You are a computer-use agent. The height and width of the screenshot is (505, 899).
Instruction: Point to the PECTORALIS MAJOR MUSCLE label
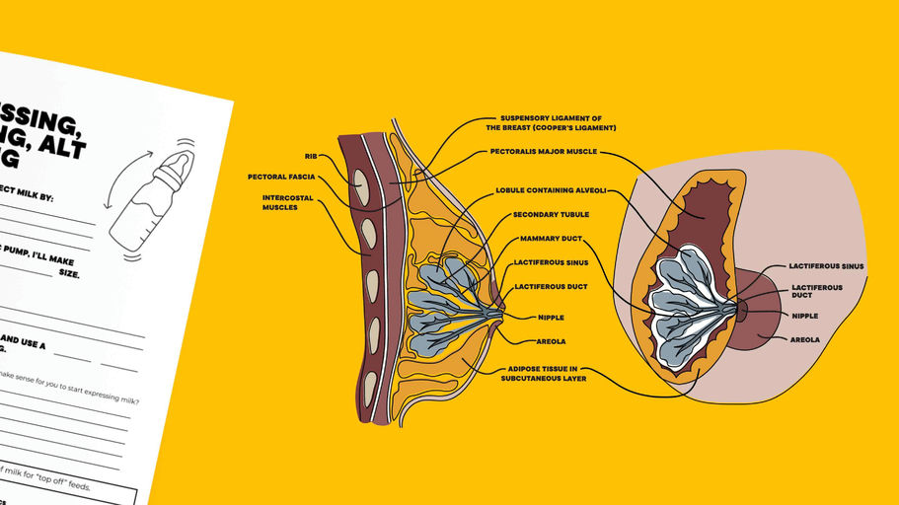click(543, 153)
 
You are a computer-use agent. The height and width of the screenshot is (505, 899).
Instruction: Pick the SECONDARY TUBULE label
click(551, 214)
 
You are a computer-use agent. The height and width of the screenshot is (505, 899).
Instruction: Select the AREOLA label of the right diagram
click(804, 339)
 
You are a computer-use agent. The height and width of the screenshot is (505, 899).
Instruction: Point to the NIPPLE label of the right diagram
click(804, 316)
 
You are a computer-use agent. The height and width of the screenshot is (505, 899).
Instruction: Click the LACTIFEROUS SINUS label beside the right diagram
click(826, 265)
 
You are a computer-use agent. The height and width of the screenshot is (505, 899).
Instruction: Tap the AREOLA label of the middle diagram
click(551, 341)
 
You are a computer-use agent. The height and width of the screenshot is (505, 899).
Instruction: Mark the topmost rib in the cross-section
click(361, 185)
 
